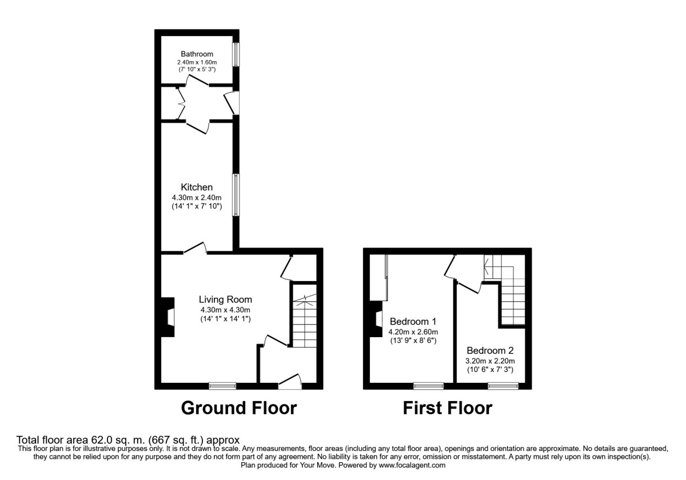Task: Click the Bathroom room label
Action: coord(197,54)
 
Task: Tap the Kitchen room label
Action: coord(197,187)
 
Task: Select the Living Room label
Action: coord(225,299)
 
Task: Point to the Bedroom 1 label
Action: coord(413,321)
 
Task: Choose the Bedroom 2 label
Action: coord(490,350)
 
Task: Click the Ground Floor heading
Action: coord(239,408)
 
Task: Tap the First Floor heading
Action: coord(448,408)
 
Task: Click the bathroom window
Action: coord(236,54)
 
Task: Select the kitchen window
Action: coord(236,195)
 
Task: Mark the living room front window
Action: coord(222,386)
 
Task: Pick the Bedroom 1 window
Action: coord(428,386)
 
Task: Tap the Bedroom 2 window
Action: coord(503,386)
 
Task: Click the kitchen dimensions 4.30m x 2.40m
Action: coord(197,198)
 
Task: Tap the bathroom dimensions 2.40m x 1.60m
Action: coord(197,62)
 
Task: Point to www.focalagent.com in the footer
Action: coord(412,466)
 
